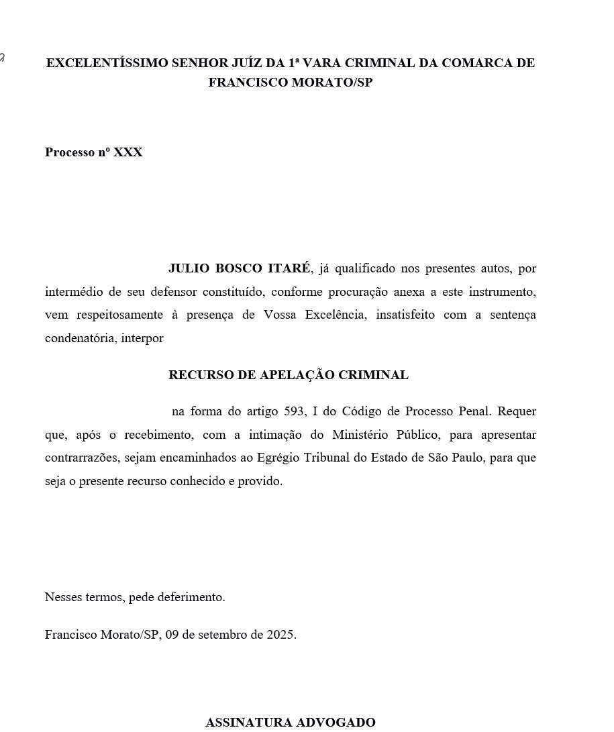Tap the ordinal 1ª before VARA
[x=294, y=63]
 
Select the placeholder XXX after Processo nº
[x=128, y=152]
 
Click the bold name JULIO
[x=189, y=268]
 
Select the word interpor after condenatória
[x=142, y=338]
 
